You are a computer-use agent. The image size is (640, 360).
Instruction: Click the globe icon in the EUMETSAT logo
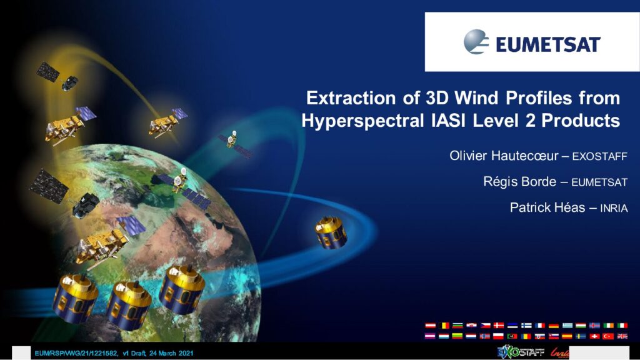[476, 42]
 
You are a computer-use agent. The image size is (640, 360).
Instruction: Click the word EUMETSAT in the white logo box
[548, 44]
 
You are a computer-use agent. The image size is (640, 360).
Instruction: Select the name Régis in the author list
[499, 182]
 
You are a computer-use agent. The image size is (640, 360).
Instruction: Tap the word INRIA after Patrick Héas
[614, 208]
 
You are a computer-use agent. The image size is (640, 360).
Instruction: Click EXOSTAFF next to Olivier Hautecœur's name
[599, 156]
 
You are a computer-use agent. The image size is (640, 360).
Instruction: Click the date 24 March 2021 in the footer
[171, 353]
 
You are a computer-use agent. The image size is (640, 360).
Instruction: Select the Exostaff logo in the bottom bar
[521, 352]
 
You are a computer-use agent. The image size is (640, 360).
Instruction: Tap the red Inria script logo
[559, 352]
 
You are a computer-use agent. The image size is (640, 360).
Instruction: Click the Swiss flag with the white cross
[595, 336]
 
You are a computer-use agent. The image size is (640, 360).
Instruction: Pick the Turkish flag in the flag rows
[609, 336]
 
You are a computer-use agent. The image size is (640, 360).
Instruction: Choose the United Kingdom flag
[622, 336]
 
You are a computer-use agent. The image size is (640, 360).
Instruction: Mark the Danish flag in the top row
[499, 325]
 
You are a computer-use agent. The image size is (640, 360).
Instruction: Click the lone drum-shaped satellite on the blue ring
[331, 232]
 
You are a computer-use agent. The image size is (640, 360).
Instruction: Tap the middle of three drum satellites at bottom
[128, 304]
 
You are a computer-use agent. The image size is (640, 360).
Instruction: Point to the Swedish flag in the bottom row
[581, 336]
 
